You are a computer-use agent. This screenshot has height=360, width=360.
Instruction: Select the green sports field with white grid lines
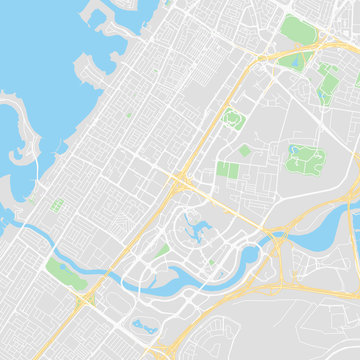(x=57, y=205)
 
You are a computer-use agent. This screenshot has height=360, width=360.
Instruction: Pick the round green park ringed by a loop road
(x=233, y=120)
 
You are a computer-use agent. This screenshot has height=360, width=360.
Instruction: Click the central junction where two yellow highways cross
(x=181, y=182)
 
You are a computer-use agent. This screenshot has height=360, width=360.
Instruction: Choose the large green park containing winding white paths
(x=304, y=160)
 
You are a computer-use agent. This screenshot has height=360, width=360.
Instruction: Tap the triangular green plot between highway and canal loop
(x=160, y=250)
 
